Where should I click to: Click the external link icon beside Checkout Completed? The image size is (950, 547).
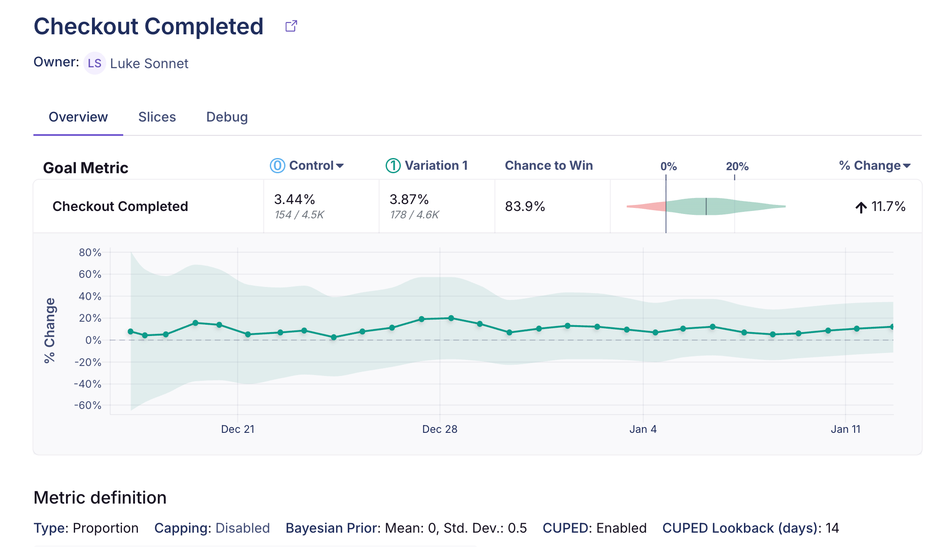coord(291,26)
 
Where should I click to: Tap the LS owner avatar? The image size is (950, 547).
coord(95,63)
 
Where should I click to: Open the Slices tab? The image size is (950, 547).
coord(157,117)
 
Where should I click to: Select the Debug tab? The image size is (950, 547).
coord(227,117)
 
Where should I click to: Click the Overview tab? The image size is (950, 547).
coord(78,117)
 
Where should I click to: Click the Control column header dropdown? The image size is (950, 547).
coord(307,165)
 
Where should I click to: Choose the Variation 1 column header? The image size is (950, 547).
coord(427,165)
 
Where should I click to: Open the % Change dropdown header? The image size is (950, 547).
coord(875,165)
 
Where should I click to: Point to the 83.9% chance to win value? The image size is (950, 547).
coord(525,206)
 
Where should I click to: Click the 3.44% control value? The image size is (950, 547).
coord(295,199)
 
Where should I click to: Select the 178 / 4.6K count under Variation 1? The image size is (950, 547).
coord(414,214)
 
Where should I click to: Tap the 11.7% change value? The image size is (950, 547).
coord(880,207)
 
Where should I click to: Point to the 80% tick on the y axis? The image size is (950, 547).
coord(90,252)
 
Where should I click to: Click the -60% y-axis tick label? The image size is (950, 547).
coord(88,405)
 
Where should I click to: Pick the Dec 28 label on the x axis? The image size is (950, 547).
coord(440,429)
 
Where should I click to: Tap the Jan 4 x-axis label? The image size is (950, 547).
coord(643,429)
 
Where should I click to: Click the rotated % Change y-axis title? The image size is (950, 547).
coord(49,330)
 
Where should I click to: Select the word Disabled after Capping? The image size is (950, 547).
coord(242,528)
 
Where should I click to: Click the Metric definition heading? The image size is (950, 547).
coord(100,498)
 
